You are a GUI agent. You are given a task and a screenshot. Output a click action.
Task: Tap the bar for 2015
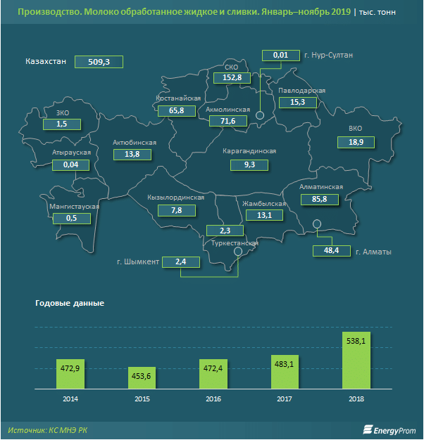(x=142, y=377)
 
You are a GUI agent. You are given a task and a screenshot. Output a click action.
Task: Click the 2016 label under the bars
(x=213, y=399)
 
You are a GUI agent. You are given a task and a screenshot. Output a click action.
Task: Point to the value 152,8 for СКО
(x=232, y=78)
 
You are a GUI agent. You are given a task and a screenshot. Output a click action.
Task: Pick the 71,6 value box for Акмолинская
(x=227, y=122)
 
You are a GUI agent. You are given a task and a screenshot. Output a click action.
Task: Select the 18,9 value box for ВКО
(x=356, y=142)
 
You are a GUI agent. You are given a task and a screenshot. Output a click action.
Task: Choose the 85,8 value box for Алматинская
(x=320, y=200)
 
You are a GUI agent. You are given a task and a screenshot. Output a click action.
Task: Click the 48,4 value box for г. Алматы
(x=331, y=250)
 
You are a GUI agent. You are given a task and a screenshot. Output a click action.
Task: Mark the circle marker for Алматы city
(x=317, y=224)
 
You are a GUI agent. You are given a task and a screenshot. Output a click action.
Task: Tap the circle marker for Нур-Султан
(x=260, y=115)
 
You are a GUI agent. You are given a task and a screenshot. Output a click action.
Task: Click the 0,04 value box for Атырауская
(x=70, y=164)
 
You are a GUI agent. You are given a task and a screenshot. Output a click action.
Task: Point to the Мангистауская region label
(x=74, y=207)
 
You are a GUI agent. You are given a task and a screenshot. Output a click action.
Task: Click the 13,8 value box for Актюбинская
(x=132, y=154)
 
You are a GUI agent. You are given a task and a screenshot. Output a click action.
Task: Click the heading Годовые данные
(x=69, y=303)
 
